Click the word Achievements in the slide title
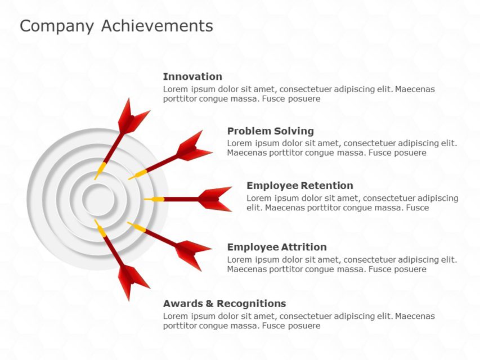(157, 26)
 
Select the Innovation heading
(192, 76)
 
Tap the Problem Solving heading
(270, 131)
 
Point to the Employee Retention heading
(299, 186)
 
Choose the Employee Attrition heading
(276, 247)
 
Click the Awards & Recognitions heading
(224, 304)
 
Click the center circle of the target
(97, 199)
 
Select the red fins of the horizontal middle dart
(216, 199)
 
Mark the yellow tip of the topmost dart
(100, 170)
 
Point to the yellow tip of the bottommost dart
(100, 227)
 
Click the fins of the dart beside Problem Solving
(193, 147)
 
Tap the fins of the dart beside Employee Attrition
(192, 251)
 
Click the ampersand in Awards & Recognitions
(210, 304)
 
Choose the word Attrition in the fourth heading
(304, 247)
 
